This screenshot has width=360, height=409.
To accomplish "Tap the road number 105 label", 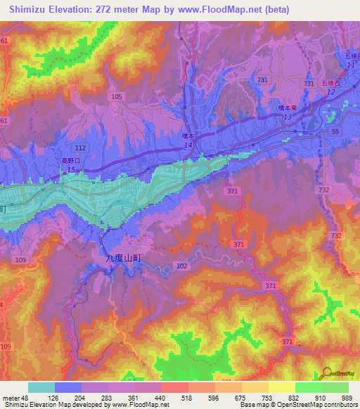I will point(116,96).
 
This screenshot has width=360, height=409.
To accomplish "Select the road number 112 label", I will point(80,148).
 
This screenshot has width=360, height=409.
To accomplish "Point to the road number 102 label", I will point(181,266).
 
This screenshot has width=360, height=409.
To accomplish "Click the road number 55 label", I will point(335,132).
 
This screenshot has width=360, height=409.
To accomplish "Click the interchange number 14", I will point(188,145).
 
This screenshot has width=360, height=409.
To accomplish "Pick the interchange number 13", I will point(287,117).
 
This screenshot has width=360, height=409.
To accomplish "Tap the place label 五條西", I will point(330,83).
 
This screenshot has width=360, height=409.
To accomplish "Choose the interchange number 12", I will point(330,91).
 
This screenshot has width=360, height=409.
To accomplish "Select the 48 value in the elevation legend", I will point(29,397).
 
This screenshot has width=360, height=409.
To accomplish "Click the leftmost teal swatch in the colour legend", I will point(41,387).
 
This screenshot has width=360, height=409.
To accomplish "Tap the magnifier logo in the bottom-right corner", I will point(328,374).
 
